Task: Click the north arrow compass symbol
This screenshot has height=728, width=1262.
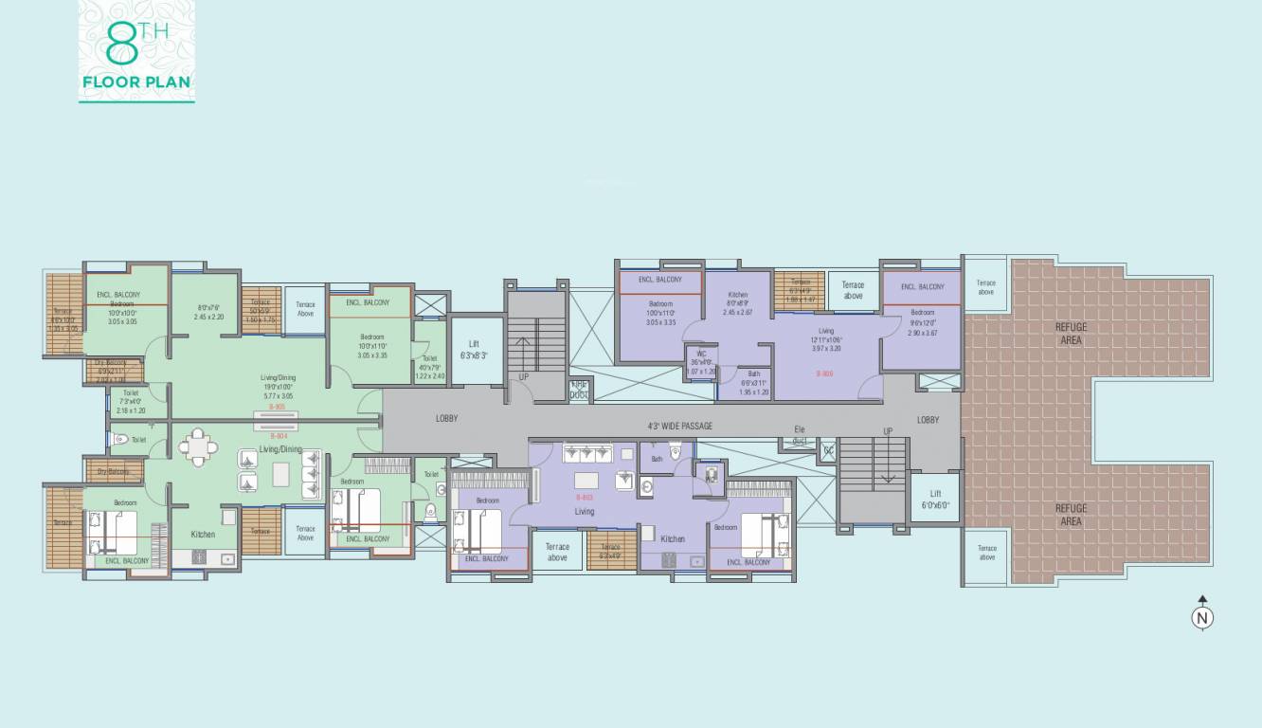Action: click(1202, 616)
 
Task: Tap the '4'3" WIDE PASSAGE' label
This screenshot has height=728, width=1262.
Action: click(679, 426)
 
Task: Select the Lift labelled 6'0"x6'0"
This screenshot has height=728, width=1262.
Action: click(935, 499)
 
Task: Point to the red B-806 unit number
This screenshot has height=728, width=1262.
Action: click(824, 373)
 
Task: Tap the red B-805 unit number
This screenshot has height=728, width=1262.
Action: click(277, 407)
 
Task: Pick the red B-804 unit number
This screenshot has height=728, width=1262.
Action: click(277, 436)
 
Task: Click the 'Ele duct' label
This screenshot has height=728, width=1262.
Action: click(800, 435)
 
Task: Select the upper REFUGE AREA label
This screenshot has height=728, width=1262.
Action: click(1071, 334)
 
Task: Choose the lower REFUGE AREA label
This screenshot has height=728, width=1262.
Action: click(1071, 515)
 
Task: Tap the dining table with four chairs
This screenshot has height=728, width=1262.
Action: click(198, 447)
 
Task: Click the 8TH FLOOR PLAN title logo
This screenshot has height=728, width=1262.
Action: click(136, 51)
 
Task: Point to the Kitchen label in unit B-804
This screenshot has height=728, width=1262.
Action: click(203, 535)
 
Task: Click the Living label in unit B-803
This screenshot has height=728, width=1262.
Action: click(584, 512)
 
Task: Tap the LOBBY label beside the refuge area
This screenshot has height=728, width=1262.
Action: click(928, 420)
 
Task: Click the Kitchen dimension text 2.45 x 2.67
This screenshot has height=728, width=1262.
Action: click(737, 312)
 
